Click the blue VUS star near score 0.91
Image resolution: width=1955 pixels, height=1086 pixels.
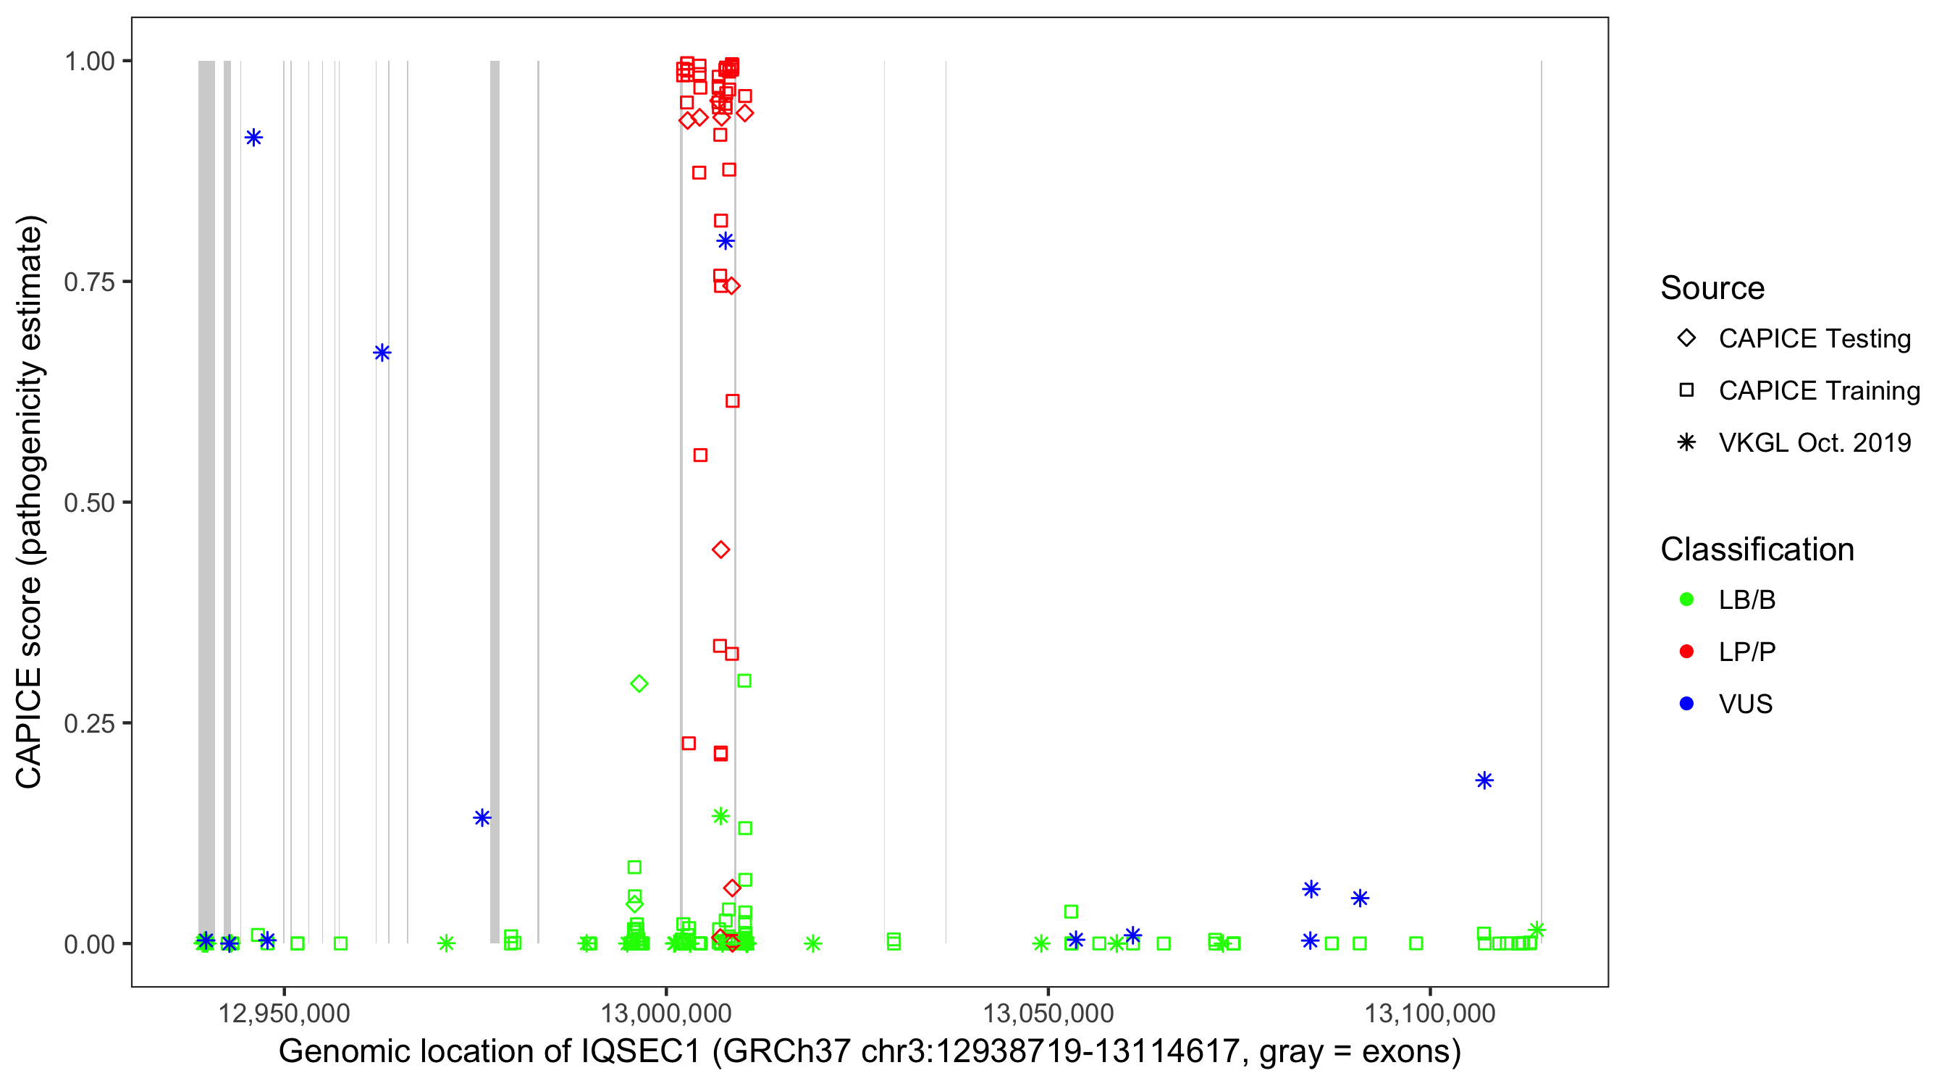pos(253,138)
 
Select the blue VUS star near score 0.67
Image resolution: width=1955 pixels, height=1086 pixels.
pos(382,352)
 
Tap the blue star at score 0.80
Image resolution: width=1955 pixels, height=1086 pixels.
pos(726,241)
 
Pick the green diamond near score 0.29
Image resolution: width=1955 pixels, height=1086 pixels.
pos(639,683)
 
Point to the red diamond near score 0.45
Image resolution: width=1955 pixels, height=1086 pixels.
pos(721,550)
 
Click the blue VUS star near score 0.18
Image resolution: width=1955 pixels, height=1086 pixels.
pos(1484,780)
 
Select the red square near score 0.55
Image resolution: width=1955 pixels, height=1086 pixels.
pos(700,455)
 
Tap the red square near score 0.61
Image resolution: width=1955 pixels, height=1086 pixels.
pos(732,400)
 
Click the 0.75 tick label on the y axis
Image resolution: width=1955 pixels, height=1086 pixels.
pos(89,282)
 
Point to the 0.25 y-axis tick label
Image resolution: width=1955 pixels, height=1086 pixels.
pos(89,723)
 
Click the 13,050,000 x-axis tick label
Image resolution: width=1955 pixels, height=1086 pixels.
pos(1048,1013)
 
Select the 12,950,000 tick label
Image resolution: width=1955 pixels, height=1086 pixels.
pos(285,1013)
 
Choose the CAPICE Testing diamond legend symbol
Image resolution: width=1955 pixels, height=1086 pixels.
pos(1686,339)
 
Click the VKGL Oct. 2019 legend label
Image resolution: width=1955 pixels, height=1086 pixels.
pos(1815,442)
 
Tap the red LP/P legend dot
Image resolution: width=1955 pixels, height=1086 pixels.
pos(1686,652)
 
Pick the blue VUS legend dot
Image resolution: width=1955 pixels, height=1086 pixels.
pos(1686,704)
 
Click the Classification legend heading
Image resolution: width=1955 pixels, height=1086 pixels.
pos(1757,550)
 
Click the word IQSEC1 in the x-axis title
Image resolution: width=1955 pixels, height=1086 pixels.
pos(642,1052)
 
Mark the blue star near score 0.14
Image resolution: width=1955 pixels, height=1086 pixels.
pos(482,817)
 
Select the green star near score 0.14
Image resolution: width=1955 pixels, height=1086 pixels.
pos(721,816)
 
